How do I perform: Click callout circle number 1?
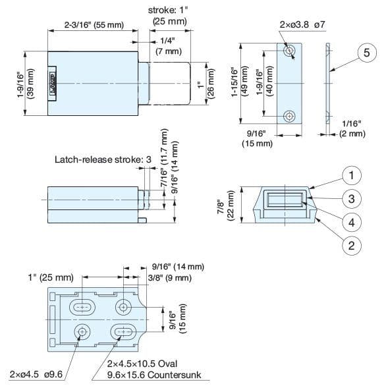[353, 175]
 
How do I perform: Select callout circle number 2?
[353, 246]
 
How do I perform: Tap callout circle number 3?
[353, 199]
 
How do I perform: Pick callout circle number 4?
[353, 223]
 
